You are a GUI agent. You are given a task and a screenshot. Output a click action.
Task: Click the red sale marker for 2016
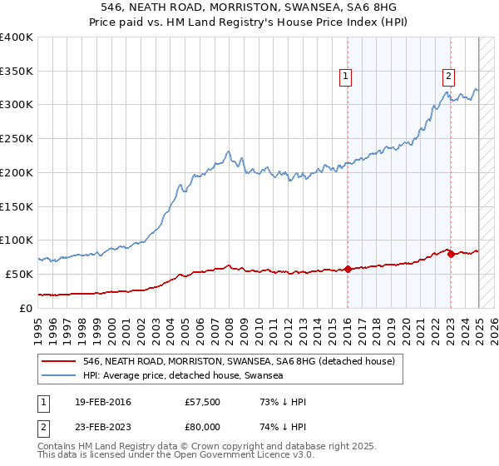click(347, 269)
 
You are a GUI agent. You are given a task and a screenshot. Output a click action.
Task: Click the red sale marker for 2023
click(451, 254)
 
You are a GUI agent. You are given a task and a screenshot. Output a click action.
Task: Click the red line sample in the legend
click(58, 361)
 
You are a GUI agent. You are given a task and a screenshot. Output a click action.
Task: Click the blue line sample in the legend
click(58, 376)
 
